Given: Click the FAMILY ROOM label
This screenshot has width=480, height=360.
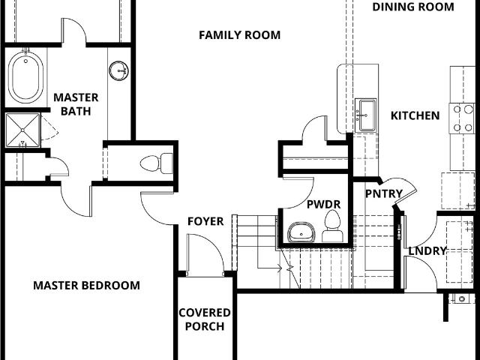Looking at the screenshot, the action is click(240, 35).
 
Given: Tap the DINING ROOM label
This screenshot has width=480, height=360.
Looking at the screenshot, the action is click(413, 7).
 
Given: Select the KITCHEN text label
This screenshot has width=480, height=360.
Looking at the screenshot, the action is click(415, 115).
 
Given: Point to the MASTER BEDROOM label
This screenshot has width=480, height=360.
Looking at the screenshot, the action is click(87, 286).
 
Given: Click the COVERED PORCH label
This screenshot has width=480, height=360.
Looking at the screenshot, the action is click(205, 319).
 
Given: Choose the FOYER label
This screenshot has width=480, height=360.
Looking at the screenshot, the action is click(205, 221).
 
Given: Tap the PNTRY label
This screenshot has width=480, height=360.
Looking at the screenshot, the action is click(384, 193).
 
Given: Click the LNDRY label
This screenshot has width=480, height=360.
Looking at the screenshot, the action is click(427, 251).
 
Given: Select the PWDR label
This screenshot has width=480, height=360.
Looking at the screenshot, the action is click(323, 205).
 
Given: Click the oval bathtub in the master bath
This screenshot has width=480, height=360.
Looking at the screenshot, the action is click(25, 78).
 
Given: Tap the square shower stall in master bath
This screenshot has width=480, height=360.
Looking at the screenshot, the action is click(23, 130).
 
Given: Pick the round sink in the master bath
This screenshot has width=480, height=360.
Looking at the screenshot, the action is click(118, 71).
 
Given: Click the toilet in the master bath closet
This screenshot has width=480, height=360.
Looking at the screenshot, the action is click(157, 163).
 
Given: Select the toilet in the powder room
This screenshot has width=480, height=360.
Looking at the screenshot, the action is click(332, 226).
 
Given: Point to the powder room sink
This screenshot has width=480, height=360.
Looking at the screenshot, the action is click(301, 232).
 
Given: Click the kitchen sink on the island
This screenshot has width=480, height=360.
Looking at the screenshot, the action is click(366, 115).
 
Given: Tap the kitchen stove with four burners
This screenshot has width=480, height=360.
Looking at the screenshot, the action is click(462, 118).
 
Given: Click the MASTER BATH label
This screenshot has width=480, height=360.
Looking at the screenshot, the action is click(76, 104).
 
